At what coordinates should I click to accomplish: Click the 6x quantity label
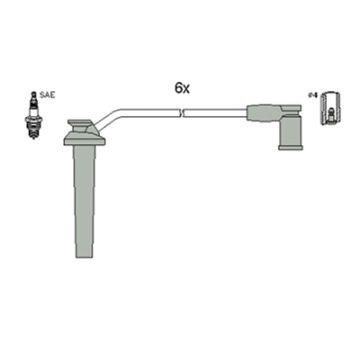(x=182, y=88)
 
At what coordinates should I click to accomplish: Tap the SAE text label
(x=48, y=95)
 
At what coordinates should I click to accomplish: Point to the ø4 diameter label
(x=312, y=95)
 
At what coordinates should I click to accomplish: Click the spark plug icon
(x=33, y=115)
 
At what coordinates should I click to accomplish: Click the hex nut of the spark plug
(x=33, y=119)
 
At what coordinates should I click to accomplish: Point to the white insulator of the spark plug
(x=33, y=107)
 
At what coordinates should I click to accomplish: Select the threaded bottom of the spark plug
(x=33, y=131)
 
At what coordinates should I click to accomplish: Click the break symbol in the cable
(x=182, y=113)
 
